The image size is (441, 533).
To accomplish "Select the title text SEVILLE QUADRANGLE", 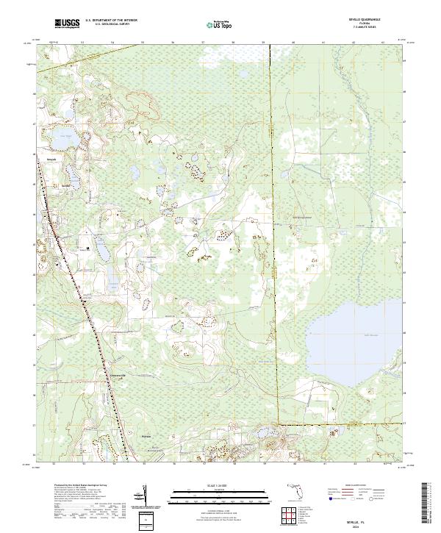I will [x=359, y=20].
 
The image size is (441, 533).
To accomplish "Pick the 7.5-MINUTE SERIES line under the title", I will [x=359, y=29].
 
